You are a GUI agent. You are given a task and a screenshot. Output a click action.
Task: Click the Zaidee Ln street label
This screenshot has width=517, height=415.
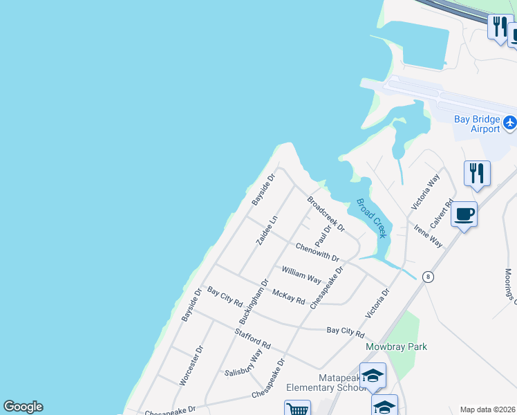click(267, 229)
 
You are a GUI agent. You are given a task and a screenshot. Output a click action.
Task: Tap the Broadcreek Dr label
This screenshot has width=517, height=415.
click(326, 214)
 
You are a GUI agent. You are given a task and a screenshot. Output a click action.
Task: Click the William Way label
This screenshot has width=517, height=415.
click(301, 274)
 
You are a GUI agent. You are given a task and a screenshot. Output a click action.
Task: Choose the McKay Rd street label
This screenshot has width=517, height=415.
click(289, 296)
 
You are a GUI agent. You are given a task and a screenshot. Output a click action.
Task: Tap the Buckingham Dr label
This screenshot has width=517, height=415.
click(253, 302)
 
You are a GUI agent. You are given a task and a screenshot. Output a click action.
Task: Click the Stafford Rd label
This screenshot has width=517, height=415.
click(252, 340)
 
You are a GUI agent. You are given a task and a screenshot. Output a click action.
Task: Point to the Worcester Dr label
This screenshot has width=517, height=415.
click(192, 365)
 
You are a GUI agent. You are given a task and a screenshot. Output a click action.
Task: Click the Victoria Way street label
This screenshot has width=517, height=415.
click(425, 192)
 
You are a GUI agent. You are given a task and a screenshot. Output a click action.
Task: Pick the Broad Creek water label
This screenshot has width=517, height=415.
click(372, 219)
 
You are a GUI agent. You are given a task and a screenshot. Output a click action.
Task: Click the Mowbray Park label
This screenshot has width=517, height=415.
click(397, 347)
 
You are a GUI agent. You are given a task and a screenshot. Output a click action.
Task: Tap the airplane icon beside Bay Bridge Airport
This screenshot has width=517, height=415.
click(510, 123)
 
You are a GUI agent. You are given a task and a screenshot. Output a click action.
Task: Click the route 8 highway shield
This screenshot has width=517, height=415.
click(429, 277)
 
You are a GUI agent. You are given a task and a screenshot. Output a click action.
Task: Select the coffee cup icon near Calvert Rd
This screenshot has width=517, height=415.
click(464, 214)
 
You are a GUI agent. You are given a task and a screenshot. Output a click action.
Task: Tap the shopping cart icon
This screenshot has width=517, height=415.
click(297, 409)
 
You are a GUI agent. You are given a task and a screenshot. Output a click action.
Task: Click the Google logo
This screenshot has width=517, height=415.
click(23, 407)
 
